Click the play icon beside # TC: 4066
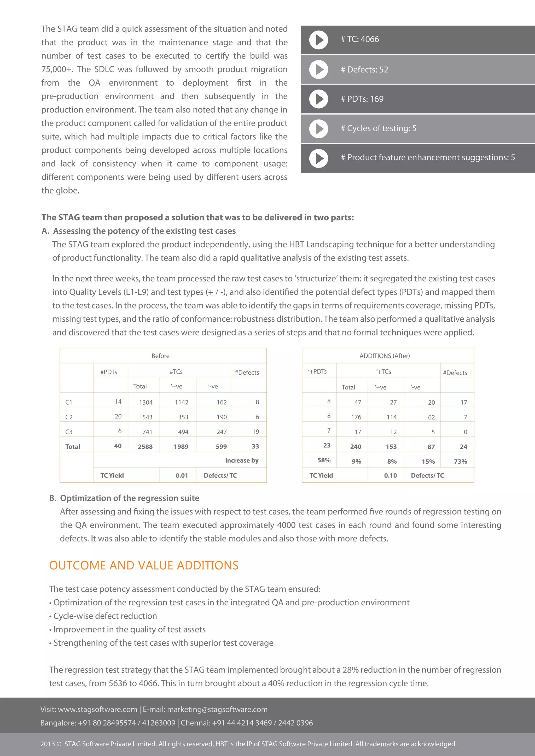click(x=318, y=40)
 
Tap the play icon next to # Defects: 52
click(x=318, y=69)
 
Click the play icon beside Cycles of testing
click(x=318, y=128)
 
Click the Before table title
click(x=160, y=356)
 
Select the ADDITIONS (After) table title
click(x=385, y=356)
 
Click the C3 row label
click(x=69, y=432)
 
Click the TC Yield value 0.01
click(x=182, y=475)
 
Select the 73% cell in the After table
click(x=460, y=462)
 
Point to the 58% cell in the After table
click(x=324, y=460)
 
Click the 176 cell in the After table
click(x=356, y=417)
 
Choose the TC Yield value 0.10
click(x=390, y=475)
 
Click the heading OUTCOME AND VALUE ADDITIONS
click(x=144, y=565)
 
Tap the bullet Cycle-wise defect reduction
click(x=105, y=616)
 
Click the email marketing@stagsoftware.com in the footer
click(x=217, y=709)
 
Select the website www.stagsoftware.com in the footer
click(x=97, y=709)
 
